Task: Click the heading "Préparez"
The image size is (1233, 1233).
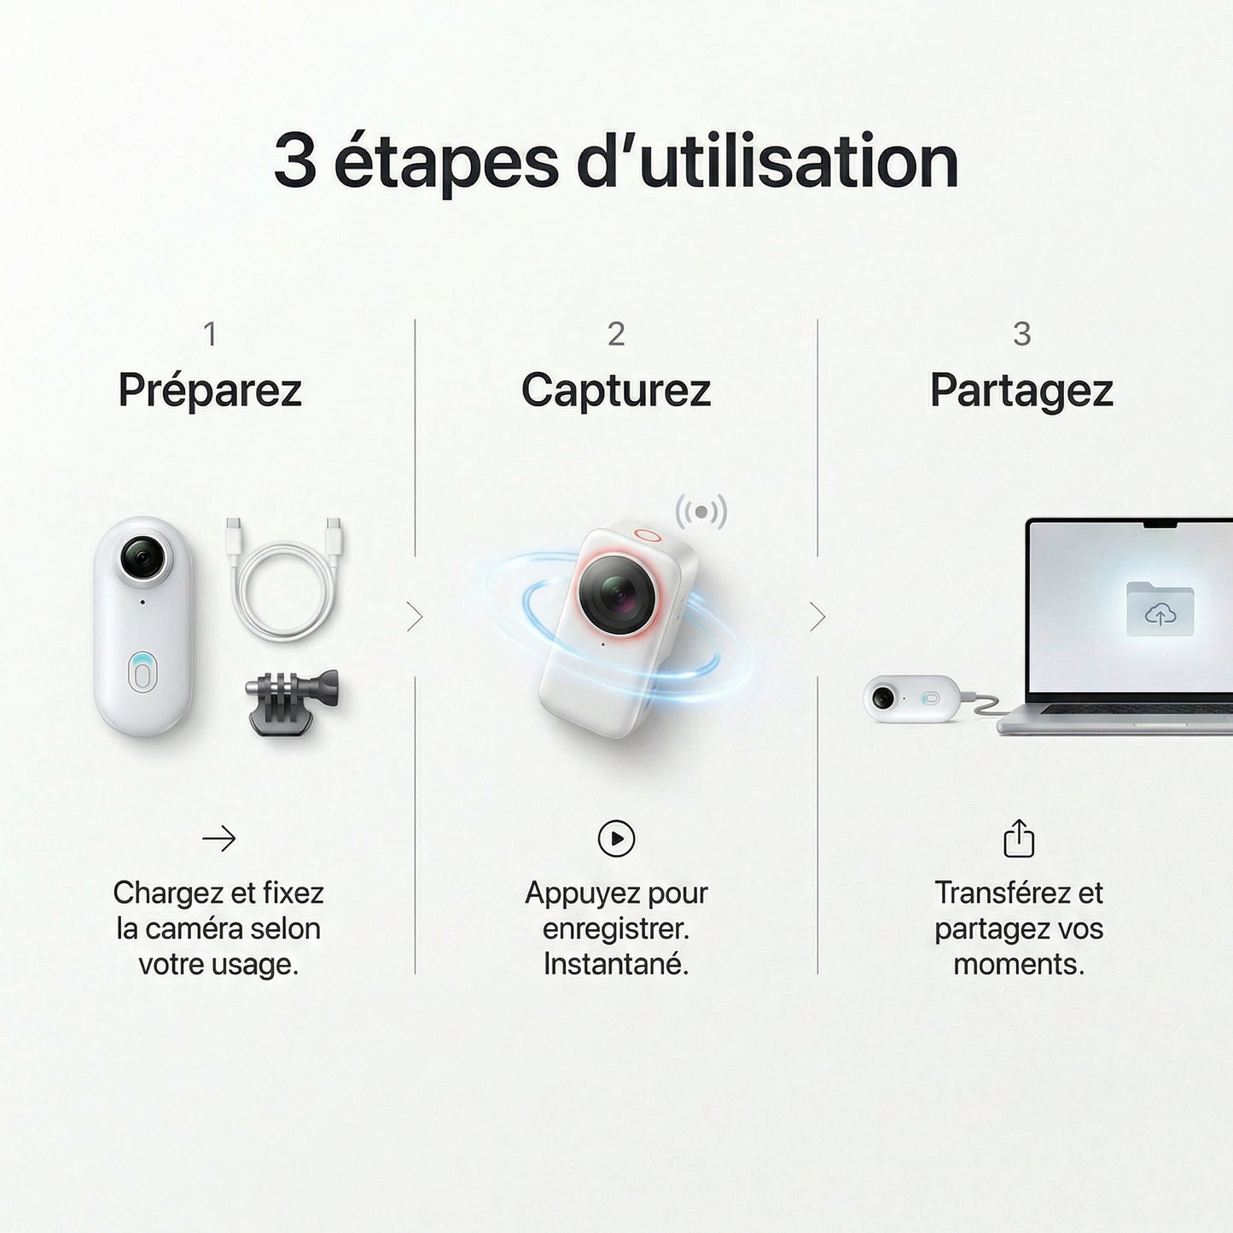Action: (x=210, y=390)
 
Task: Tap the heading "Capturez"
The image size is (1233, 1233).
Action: (x=615, y=390)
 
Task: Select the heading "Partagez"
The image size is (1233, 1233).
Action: (x=1021, y=390)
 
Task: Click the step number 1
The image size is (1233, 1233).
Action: (x=210, y=334)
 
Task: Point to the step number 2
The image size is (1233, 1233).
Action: (x=615, y=334)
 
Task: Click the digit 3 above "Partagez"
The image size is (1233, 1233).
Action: (x=1022, y=334)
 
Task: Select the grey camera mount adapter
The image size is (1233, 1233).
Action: (x=292, y=701)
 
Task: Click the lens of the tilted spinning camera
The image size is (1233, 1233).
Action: (x=617, y=594)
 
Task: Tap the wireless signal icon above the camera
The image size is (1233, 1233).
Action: (x=701, y=512)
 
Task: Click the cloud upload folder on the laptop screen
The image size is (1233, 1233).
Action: (x=1160, y=608)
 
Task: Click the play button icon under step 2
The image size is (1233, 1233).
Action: (x=616, y=838)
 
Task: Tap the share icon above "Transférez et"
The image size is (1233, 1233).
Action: (x=1019, y=838)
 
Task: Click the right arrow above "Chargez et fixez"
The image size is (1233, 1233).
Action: (x=218, y=838)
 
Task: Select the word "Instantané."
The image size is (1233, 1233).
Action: (x=616, y=965)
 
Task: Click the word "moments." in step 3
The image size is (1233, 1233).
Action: (x=1020, y=965)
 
